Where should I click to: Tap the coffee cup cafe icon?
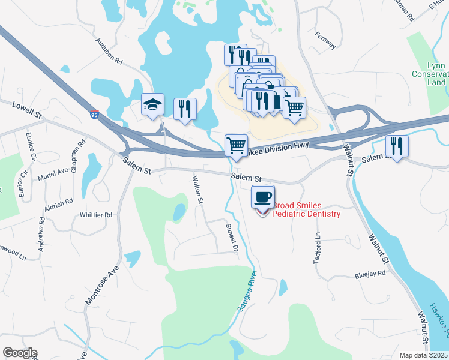(x=262, y=196)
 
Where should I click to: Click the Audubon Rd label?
(x=109, y=52)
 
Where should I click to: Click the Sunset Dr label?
(x=232, y=238)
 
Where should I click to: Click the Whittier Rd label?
(x=96, y=215)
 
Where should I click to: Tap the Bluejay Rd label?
(x=369, y=274)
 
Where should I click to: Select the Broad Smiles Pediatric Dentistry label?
(x=306, y=209)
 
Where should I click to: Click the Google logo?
(x=20, y=353)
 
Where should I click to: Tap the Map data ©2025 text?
(x=423, y=355)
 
